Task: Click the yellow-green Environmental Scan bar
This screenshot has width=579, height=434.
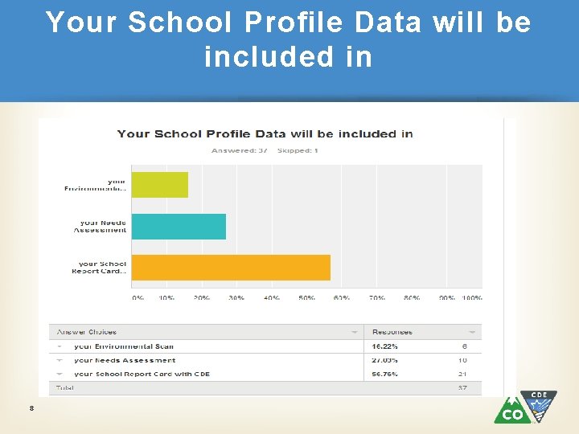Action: (159, 185)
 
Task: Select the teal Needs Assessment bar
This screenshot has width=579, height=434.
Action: (179, 227)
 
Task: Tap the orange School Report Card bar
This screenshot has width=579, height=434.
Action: (231, 268)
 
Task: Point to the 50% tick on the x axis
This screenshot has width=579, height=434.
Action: (307, 297)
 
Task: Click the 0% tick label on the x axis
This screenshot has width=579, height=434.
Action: (138, 297)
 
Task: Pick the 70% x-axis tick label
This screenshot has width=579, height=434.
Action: (377, 297)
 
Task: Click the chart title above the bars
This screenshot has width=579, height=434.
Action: (265, 133)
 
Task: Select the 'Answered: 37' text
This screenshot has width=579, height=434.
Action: (239, 150)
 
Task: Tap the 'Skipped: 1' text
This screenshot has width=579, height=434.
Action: (298, 150)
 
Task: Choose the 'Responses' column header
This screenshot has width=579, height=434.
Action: (392, 331)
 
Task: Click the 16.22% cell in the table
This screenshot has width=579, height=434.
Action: (384, 346)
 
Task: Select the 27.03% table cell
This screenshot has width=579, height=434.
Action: (384, 360)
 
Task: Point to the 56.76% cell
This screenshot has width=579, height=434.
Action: (384, 374)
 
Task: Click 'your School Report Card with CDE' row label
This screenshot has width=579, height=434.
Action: (142, 374)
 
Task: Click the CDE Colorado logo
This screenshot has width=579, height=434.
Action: (524, 407)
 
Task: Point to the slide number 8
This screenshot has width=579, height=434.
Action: (31, 409)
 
